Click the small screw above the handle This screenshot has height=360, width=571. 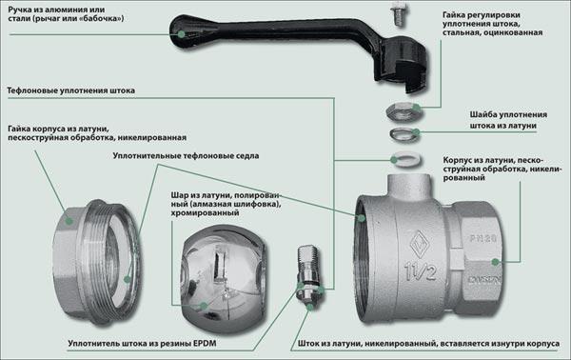[x=398, y=15]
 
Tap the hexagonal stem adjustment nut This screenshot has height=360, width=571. [x=404, y=111]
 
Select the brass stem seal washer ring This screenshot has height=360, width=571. [x=404, y=134]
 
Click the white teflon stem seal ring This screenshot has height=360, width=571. [x=407, y=160]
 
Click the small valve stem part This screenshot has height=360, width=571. [x=308, y=275]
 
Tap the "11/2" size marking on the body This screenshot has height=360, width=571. [x=421, y=272]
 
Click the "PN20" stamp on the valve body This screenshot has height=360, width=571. [x=482, y=239]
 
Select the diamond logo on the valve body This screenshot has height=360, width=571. [x=420, y=245]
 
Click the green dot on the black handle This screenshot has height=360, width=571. [x=181, y=34]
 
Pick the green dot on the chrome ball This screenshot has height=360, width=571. [x=204, y=306]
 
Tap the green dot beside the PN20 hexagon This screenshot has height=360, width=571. [x=495, y=262]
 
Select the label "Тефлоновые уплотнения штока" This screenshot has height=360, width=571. [x=71, y=90]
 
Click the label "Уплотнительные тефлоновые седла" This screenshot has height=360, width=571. [x=186, y=156]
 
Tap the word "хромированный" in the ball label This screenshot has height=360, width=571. [x=205, y=212]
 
